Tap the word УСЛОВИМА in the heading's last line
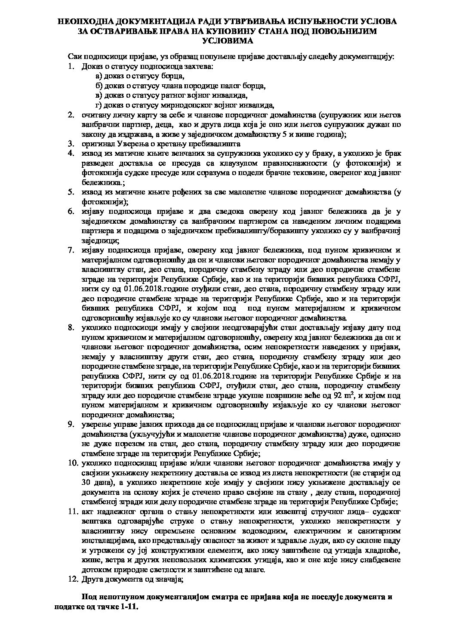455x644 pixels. coord(227,40)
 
